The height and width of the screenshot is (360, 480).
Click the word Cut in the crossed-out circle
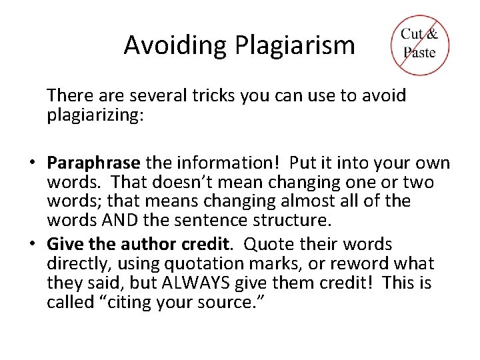click(x=412, y=34)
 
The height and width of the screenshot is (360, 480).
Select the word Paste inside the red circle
click(x=419, y=52)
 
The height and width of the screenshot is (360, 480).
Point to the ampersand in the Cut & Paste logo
click(x=432, y=34)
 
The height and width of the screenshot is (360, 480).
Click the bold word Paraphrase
click(x=93, y=163)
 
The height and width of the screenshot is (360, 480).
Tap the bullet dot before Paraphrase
click(x=31, y=163)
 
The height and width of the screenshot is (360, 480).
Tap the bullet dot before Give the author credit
click(x=31, y=245)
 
